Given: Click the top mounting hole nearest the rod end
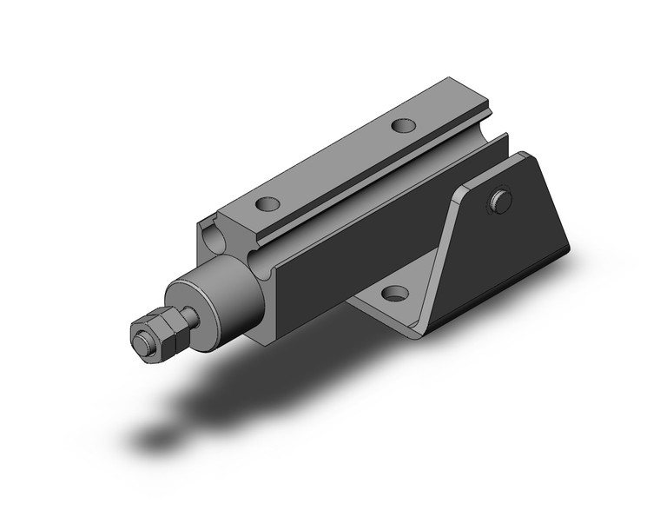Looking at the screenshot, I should (x=267, y=205).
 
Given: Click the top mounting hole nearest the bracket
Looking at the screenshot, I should (x=402, y=126).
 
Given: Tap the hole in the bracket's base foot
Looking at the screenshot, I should (x=397, y=294).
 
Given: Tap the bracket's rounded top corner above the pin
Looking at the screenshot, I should (x=525, y=161).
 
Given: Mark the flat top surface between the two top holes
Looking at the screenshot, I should (x=334, y=165).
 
